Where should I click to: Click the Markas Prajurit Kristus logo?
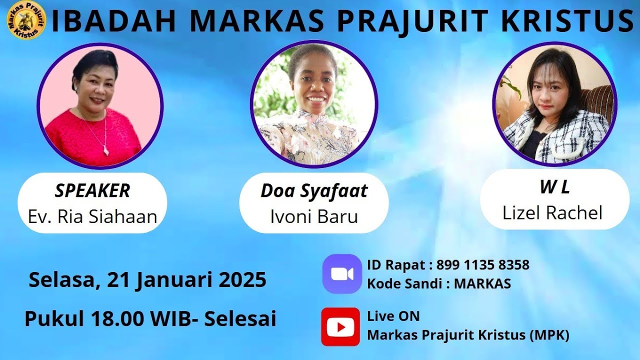[26, 21]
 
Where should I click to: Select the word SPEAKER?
[92, 190]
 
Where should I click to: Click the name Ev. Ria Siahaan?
[92, 216]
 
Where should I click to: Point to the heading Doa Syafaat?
[314, 190]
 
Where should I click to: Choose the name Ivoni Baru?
[314, 217]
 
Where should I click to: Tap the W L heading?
[554, 187]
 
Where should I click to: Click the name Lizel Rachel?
[552, 213]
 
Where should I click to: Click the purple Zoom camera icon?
[341, 273]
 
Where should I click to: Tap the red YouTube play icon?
[340, 327]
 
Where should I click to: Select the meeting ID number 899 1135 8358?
[482, 265]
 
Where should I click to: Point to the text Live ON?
[393, 316]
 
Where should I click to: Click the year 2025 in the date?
[242, 280]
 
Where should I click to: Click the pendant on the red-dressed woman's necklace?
[105, 150]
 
